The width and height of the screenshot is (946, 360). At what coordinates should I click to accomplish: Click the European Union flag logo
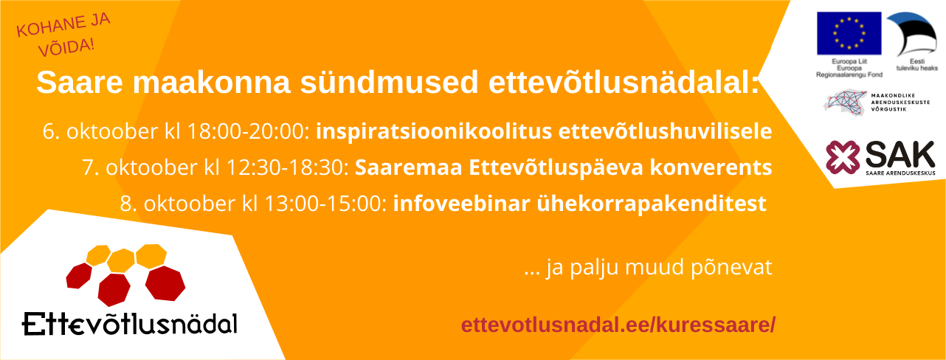click(x=849, y=33)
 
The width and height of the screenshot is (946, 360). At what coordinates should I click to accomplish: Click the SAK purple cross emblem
click(x=843, y=157)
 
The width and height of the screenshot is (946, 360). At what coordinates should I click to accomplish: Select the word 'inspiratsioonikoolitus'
click(x=434, y=131)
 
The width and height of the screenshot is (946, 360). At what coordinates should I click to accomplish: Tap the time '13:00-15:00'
click(x=325, y=204)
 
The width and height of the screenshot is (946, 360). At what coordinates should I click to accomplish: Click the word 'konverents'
click(x=711, y=167)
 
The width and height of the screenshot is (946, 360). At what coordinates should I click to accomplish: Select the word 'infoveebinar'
click(x=462, y=204)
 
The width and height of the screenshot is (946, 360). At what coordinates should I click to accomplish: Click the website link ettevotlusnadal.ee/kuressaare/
click(x=618, y=325)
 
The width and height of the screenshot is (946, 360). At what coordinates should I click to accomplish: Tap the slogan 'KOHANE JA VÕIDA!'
click(x=63, y=35)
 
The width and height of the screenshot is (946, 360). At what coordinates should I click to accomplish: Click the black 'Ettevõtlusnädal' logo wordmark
click(x=130, y=325)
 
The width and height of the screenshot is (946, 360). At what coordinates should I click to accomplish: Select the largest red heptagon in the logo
click(x=165, y=283)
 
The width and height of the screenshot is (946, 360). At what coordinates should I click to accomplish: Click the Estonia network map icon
click(x=846, y=103)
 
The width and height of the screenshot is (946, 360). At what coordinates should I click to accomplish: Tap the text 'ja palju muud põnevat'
click(x=659, y=268)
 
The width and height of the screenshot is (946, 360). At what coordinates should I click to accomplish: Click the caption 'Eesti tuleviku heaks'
click(x=917, y=65)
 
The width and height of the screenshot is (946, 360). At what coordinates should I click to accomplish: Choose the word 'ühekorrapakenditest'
click(x=652, y=204)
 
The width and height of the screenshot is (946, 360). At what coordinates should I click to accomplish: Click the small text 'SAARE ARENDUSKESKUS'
click(x=900, y=173)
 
